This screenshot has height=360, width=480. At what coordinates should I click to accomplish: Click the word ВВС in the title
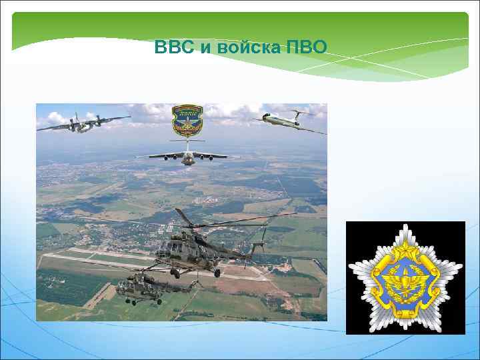[170, 48]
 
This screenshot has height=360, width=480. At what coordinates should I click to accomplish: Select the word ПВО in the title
[307, 48]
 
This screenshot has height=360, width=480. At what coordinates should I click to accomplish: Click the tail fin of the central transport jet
[188, 143]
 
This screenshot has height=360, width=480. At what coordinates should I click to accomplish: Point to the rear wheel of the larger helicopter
[217, 273]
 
